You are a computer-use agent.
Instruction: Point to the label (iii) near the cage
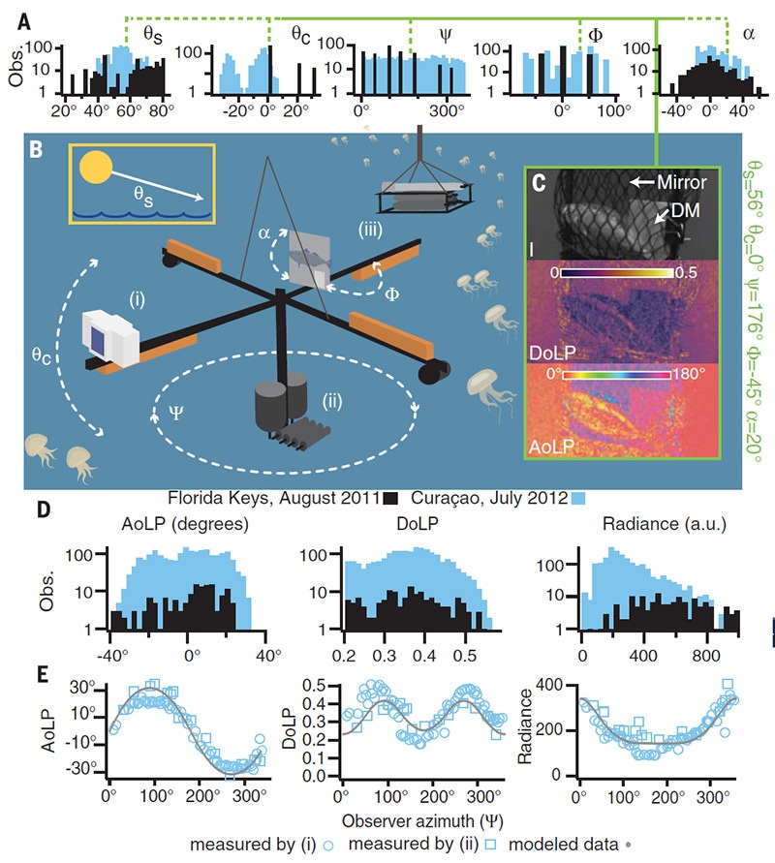tap(372, 231)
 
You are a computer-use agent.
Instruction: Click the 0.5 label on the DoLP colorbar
tap(686, 274)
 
